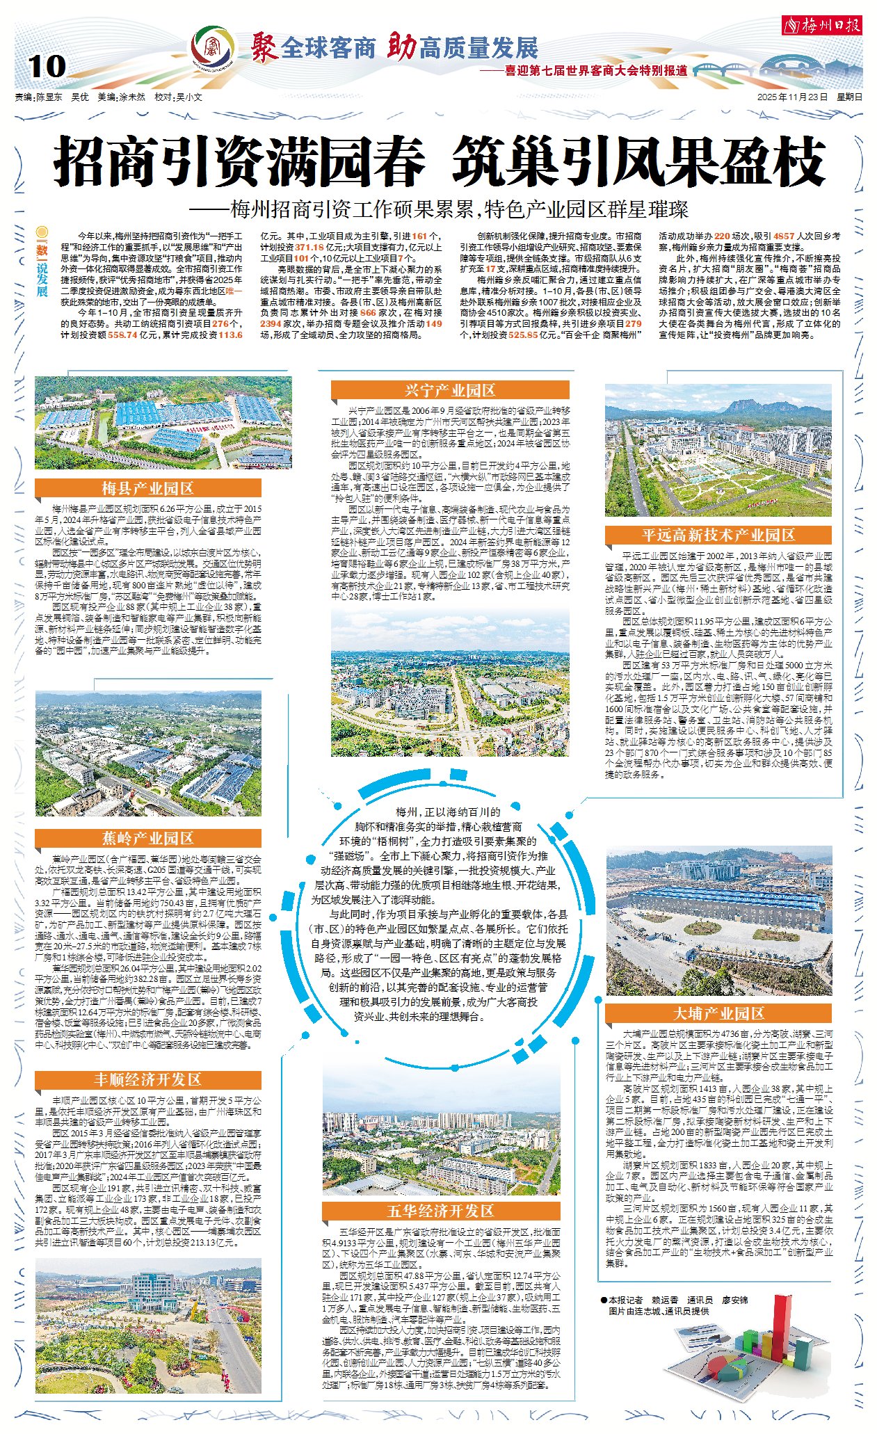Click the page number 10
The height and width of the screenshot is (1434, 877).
[47, 67]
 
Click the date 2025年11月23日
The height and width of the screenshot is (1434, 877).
[792, 98]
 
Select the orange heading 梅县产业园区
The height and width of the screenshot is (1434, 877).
[147, 488]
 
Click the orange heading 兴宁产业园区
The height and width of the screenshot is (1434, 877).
[450, 390]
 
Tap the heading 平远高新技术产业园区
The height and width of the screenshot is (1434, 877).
[718, 535]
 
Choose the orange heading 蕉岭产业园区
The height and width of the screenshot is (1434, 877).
[147, 838]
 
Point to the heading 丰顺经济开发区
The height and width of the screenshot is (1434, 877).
[147, 1079]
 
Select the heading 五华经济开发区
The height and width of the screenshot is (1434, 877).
[440, 1211]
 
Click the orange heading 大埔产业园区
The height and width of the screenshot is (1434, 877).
[718, 1013]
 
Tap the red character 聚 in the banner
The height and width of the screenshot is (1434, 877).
[264, 47]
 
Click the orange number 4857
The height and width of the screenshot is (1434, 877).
[783, 236]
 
